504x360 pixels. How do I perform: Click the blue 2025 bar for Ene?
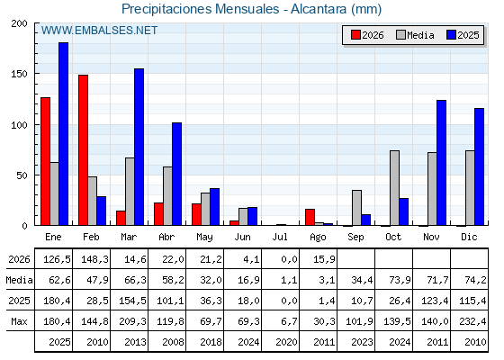pyautogui.click(x=63, y=134)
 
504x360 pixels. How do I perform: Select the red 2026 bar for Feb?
pyautogui.click(x=83, y=150)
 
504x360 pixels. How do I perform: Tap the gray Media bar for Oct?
pyautogui.click(x=394, y=188)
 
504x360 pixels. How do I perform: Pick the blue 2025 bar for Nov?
pyautogui.click(x=441, y=163)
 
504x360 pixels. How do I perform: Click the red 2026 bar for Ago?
pyautogui.click(x=310, y=217)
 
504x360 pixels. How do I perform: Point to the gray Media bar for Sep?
pyautogui.click(x=356, y=208)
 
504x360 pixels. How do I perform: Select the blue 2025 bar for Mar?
pyautogui.click(x=139, y=147)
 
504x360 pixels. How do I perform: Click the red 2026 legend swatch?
pyautogui.click(x=355, y=35)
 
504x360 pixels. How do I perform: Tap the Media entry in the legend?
pyautogui.click(x=415, y=35)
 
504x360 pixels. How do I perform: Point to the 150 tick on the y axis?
pyautogui.click(x=19, y=74)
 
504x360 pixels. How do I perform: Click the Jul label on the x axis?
pyautogui.click(x=280, y=237)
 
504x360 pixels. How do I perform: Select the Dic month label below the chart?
pyautogui.click(x=469, y=237)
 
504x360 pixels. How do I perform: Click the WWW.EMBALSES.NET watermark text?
pyautogui.click(x=99, y=31)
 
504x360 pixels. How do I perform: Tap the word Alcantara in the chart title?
pyautogui.click(x=319, y=9)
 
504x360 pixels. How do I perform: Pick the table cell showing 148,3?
pyautogui.click(x=92, y=259)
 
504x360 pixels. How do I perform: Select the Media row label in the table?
pyautogui.click(x=19, y=280)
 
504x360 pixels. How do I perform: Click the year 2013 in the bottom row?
pyautogui.click(x=135, y=342)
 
